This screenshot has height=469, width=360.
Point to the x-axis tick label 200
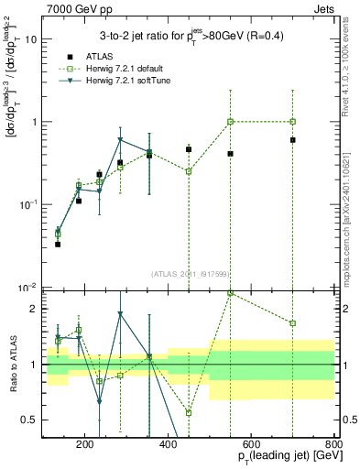coord(85,445)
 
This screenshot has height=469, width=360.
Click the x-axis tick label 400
coord(169,445)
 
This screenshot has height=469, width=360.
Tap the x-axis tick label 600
coord(251,445)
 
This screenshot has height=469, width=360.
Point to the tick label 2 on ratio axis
coord(35,309)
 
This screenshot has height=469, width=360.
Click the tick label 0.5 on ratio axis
coord(31,420)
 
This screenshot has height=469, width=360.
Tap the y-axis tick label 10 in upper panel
coord(32,39)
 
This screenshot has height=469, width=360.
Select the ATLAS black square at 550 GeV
coord(230,154)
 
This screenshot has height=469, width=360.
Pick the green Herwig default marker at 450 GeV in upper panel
coord(189,171)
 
